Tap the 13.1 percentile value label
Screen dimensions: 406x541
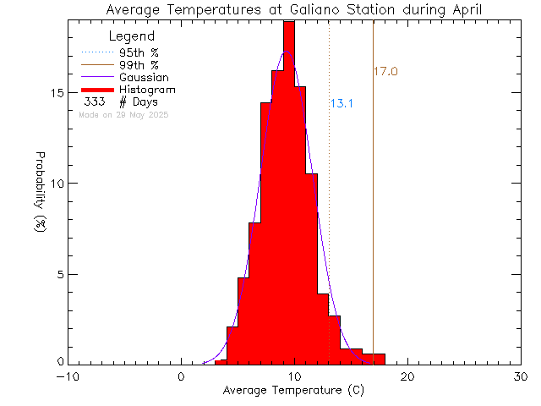[x=341, y=104]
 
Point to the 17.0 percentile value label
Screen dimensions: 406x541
[x=385, y=72]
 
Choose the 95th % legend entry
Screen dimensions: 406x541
[x=138, y=51]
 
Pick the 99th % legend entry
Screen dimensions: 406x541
[x=138, y=63]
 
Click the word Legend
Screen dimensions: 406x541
[x=132, y=36]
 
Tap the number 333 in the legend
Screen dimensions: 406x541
[x=95, y=101]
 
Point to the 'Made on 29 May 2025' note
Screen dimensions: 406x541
[x=123, y=114]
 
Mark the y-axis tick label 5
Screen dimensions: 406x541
[x=58, y=274]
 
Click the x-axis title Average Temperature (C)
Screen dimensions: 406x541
[x=293, y=391]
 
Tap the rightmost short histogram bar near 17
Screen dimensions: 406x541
[x=374, y=359]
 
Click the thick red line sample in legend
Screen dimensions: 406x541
[x=97, y=89]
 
